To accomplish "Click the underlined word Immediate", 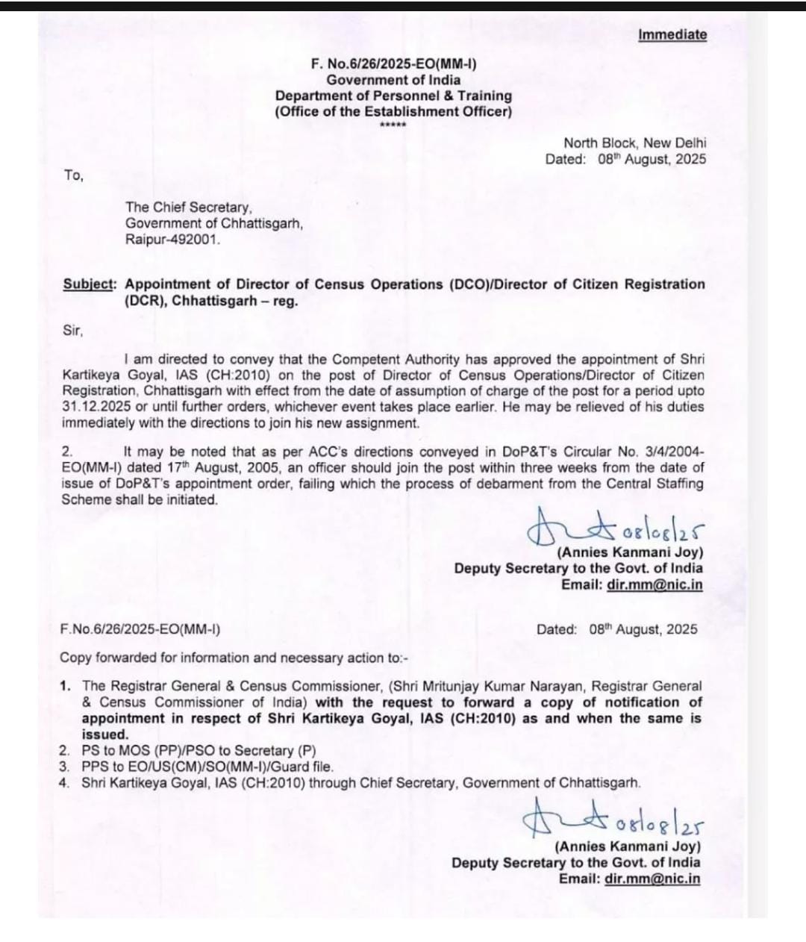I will coord(672,34).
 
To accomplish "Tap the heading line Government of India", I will coord(393,80).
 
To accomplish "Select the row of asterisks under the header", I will coord(393,125).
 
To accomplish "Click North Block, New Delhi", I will coord(634,143).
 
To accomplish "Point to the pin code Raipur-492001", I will coord(173,240).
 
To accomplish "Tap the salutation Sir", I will coord(73,330).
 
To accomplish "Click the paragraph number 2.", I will coord(67,452).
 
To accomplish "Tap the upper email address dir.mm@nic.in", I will coord(655,584).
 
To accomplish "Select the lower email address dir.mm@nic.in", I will coord(652,879).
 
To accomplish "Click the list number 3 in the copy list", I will coord(65,767).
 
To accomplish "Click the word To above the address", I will coord(73,175).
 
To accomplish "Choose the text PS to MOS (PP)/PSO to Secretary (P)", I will coord(199,751).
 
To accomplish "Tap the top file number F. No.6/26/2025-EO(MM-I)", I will coord(393,63).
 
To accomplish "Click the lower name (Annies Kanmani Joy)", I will coord(627,846).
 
